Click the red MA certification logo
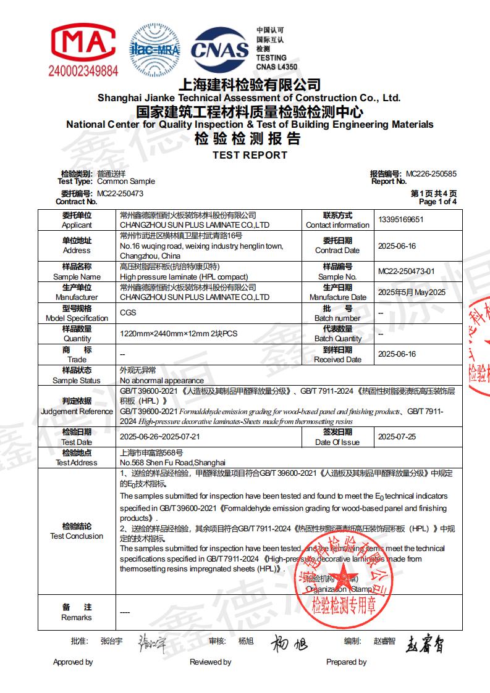82,42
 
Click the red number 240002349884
83,71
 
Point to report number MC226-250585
431,174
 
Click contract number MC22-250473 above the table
120,193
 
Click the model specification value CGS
128,313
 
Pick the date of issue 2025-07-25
397,437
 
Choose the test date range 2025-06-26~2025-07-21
159,437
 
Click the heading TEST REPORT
250,155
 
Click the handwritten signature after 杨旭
289,644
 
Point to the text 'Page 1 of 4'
437,202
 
